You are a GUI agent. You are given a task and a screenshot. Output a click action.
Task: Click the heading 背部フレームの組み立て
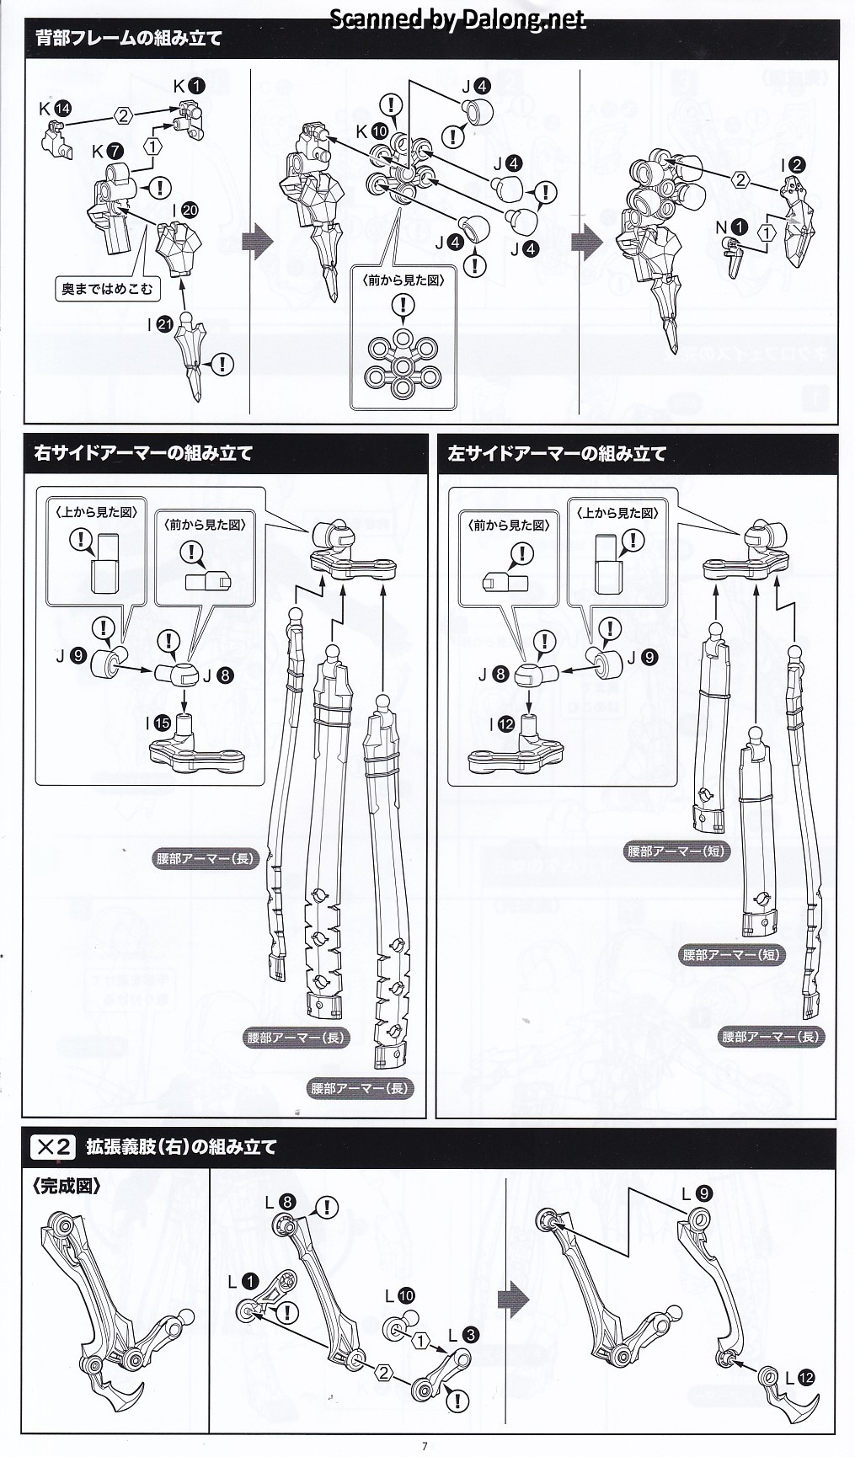coord(129,38)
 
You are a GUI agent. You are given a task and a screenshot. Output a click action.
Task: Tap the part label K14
coord(55,108)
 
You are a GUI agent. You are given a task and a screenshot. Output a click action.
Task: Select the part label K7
coord(107,152)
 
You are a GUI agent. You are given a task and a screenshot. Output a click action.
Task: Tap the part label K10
coord(371,131)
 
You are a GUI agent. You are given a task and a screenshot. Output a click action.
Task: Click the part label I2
coord(793,166)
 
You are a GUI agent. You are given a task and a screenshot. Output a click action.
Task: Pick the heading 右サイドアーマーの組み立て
coord(143,453)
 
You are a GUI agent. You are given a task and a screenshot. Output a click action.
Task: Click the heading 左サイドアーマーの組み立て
coord(558,453)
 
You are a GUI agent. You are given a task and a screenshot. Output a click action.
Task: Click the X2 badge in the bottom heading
coord(53,1146)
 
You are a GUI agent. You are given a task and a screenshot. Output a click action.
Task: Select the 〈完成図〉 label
coord(67,1186)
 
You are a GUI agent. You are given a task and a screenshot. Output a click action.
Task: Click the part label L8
coord(280,1203)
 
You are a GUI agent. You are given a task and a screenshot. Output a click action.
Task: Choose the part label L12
coord(799,1378)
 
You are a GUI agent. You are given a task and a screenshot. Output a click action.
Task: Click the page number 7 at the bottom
coord(425,1446)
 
